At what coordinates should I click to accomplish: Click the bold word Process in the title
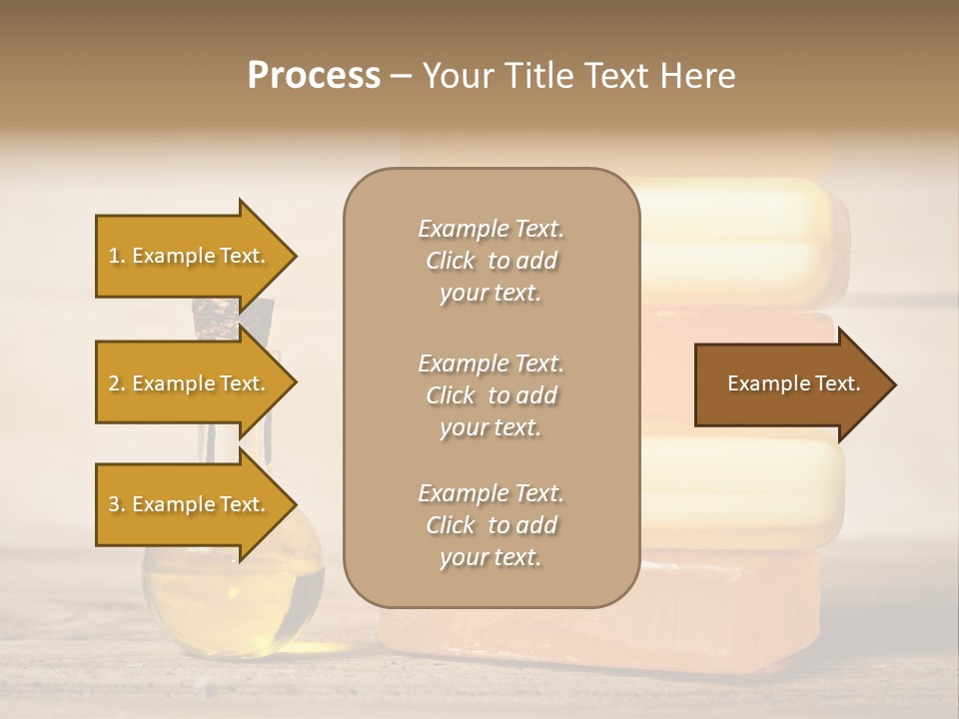pyautogui.click(x=314, y=76)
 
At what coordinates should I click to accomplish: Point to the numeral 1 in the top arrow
pyautogui.click(x=114, y=256)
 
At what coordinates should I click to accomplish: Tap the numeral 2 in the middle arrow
pyautogui.click(x=114, y=383)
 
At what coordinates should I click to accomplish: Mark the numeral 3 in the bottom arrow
pyautogui.click(x=114, y=504)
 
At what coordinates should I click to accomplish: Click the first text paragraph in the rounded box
pyautogui.click(x=490, y=261)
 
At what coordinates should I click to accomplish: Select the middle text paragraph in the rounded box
pyautogui.click(x=490, y=395)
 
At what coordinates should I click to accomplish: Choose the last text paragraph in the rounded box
pyautogui.click(x=490, y=525)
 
